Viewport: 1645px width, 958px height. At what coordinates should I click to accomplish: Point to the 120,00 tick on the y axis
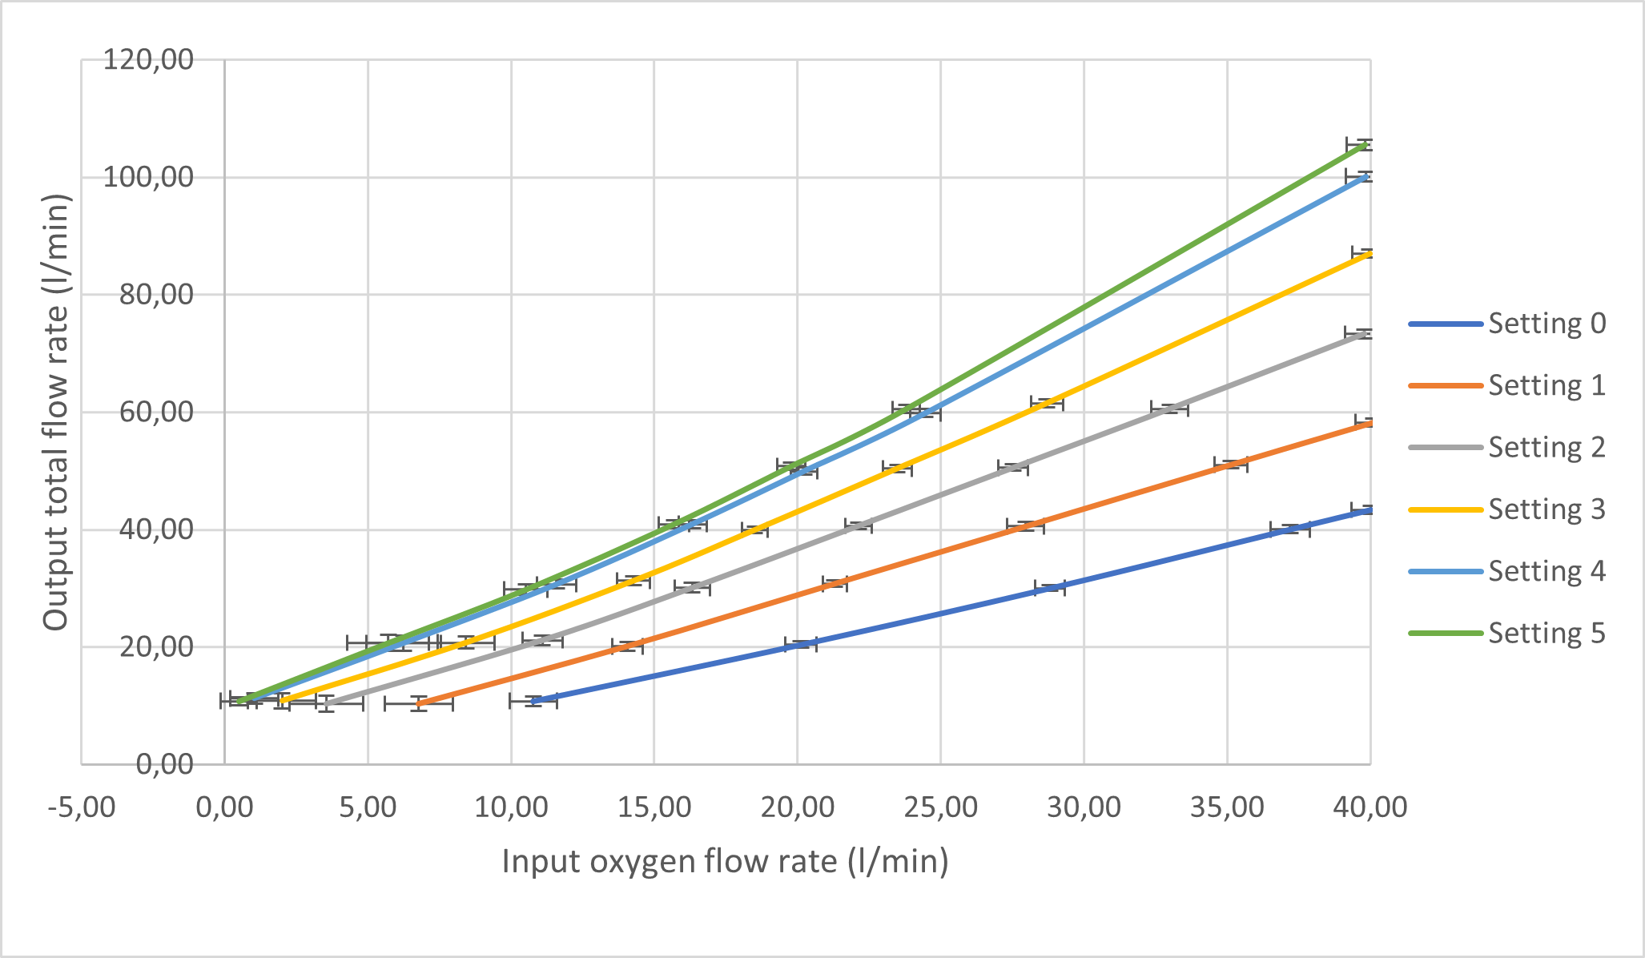pos(148,59)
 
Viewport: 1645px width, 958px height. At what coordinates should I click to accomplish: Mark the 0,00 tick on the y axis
pos(164,764)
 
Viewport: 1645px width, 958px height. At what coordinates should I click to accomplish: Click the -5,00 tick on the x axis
pos(81,807)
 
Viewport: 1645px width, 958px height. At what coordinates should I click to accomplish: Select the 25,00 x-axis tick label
pos(940,807)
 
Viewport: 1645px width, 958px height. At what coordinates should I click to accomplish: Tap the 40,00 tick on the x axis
pos(1369,807)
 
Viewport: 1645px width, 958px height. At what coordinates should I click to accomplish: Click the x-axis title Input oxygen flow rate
pos(725,862)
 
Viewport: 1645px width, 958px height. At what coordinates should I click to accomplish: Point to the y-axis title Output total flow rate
pos(56,412)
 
